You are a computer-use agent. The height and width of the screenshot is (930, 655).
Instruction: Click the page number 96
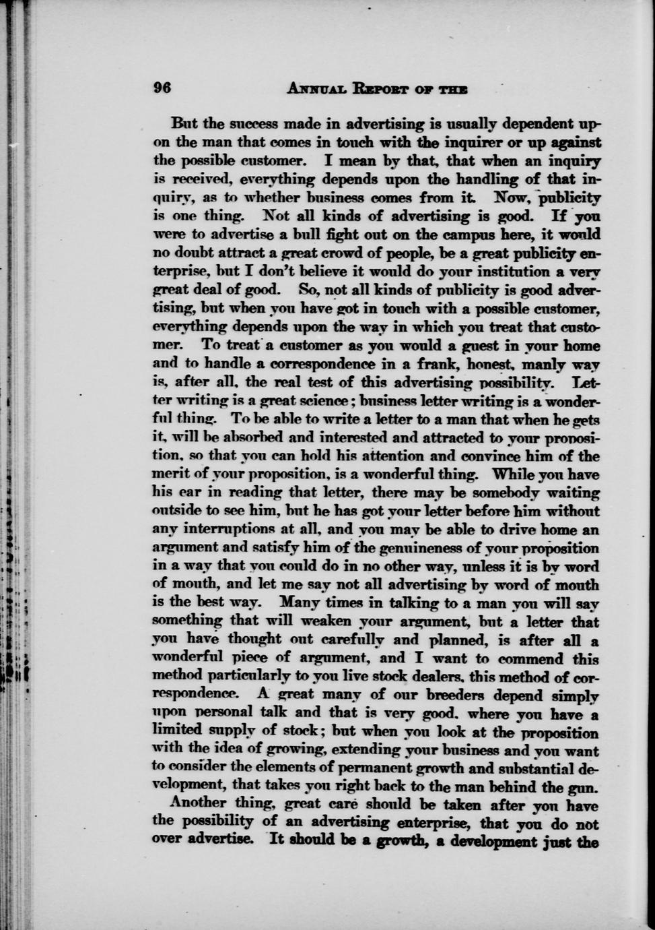pos(164,88)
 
